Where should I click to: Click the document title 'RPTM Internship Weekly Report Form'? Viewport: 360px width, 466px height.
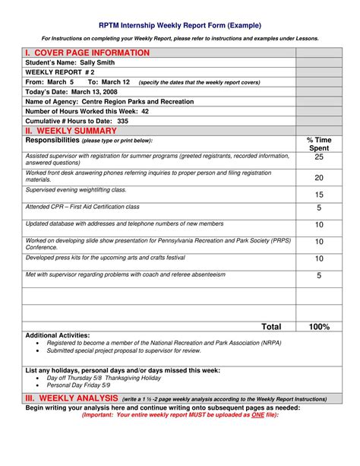coord(180,25)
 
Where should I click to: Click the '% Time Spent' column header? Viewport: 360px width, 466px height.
coord(318,144)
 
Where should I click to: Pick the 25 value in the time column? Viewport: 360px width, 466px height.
coord(319,157)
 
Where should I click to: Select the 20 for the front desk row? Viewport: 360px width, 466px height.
coord(319,177)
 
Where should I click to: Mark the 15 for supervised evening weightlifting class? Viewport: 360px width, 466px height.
coord(319,195)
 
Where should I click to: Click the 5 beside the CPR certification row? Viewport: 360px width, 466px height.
coord(319,208)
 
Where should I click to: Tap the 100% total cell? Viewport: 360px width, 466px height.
coord(319,327)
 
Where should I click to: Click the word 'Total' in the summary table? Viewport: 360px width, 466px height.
coord(271,327)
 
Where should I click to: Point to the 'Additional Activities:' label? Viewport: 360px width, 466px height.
coord(58,335)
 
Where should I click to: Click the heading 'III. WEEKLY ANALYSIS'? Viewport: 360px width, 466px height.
coord(71,398)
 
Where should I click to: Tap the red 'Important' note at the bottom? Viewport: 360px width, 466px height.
coord(180,415)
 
